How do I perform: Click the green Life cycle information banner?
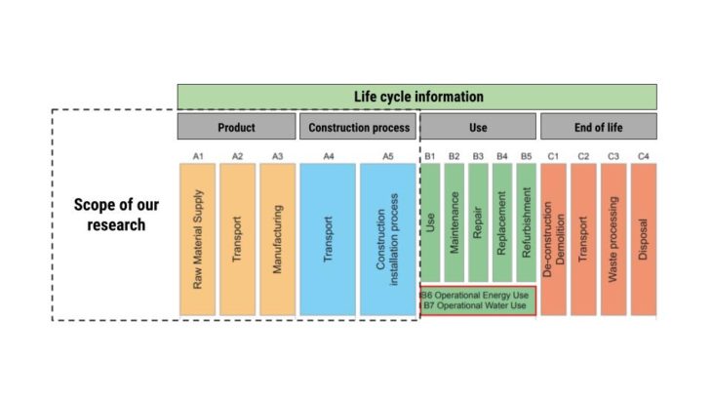coord(416,96)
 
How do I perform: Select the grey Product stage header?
coord(236,127)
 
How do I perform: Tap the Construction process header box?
coord(359,127)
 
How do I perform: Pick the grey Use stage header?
coord(478,127)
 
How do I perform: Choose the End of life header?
coord(598,127)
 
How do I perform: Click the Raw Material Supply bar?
coord(197,240)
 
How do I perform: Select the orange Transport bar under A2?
coord(237,240)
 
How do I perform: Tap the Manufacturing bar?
coord(277,240)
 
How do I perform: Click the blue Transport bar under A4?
coord(329,240)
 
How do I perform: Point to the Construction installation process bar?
coord(388,240)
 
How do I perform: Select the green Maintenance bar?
coord(454,223)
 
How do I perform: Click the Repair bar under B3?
coord(478,223)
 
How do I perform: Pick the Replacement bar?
coord(501,223)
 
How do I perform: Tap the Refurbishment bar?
coord(526,223)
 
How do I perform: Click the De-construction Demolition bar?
coord(553,240)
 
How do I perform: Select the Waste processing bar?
coord(613,240)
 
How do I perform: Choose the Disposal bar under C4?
coord(644,240)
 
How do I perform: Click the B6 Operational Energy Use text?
coord(475,295)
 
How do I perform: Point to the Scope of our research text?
coord(109,215)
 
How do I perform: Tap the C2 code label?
coord(583,155)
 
